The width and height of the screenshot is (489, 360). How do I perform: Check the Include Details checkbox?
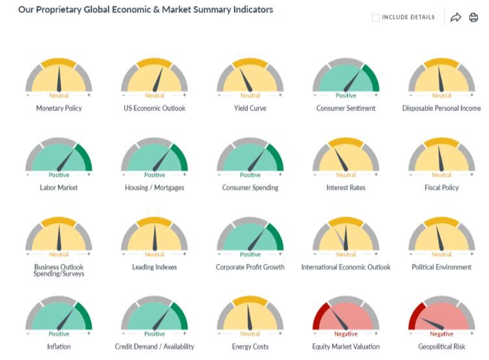pyautogui.click(x=376, y=18)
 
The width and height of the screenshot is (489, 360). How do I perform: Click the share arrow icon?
pyautogui.click(x=455, y=18)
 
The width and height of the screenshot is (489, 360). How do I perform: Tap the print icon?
pyautogui.click(x=473, y=18)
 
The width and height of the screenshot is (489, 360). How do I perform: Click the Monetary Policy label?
pyautogui.click(x=59, y=109)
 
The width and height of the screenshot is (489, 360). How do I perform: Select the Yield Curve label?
pyautogui.click(x=250, y=109)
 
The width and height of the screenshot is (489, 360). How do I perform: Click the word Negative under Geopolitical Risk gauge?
pyautogui.click(x=442, y=333)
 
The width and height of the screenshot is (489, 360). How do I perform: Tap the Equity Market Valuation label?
pyautogui.click(x=346, y=346)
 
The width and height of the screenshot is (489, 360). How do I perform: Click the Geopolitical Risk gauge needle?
pyautogui.click(x=432, y=323)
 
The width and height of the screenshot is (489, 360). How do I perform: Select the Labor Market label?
pyautogui.click(x=59, y=188)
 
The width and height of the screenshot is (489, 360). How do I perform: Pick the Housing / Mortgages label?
pyautogui.click(x=155, y=188)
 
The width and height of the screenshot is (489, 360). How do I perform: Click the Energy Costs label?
pyautogui.click(x=250, y=346)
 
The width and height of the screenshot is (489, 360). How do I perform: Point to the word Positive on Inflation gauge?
pyautogui.click(x=59, y=333)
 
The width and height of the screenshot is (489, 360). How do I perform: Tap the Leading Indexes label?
pyautogui.click(x=155, y=267)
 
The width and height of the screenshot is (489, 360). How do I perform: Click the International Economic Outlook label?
pyautogui.click(x=346, y=267)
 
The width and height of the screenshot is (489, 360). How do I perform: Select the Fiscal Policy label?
pyautogui.click(x=442, y=188)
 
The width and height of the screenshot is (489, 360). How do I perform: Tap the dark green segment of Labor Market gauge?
pyautogui.click(x=84, y=159)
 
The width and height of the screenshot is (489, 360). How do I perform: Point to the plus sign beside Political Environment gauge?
pyautogui.click(x=471, y=255)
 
